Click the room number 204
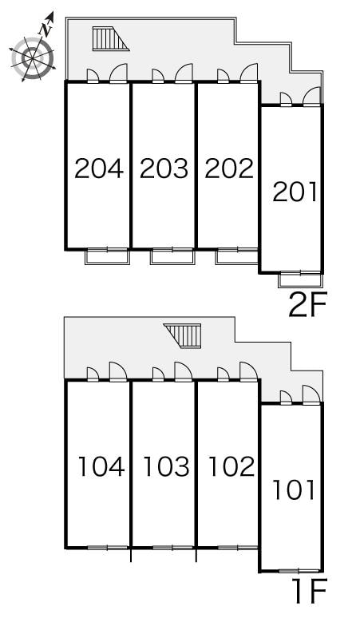point(99,168)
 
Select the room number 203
point(164,168)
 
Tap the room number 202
point(229,168)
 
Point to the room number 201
point(295,192)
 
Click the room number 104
point(101,466)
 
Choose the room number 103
point(166,466)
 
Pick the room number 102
point(231,466)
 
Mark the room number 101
point(295,490)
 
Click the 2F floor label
point(308,305)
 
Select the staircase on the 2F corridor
point(111,38)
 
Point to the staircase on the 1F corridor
point(183,336)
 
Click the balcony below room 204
point(108,256)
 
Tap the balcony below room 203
point(172,256)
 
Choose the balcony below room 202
point(237,256)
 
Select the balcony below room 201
point(300,279)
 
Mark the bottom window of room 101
point(299,571)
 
